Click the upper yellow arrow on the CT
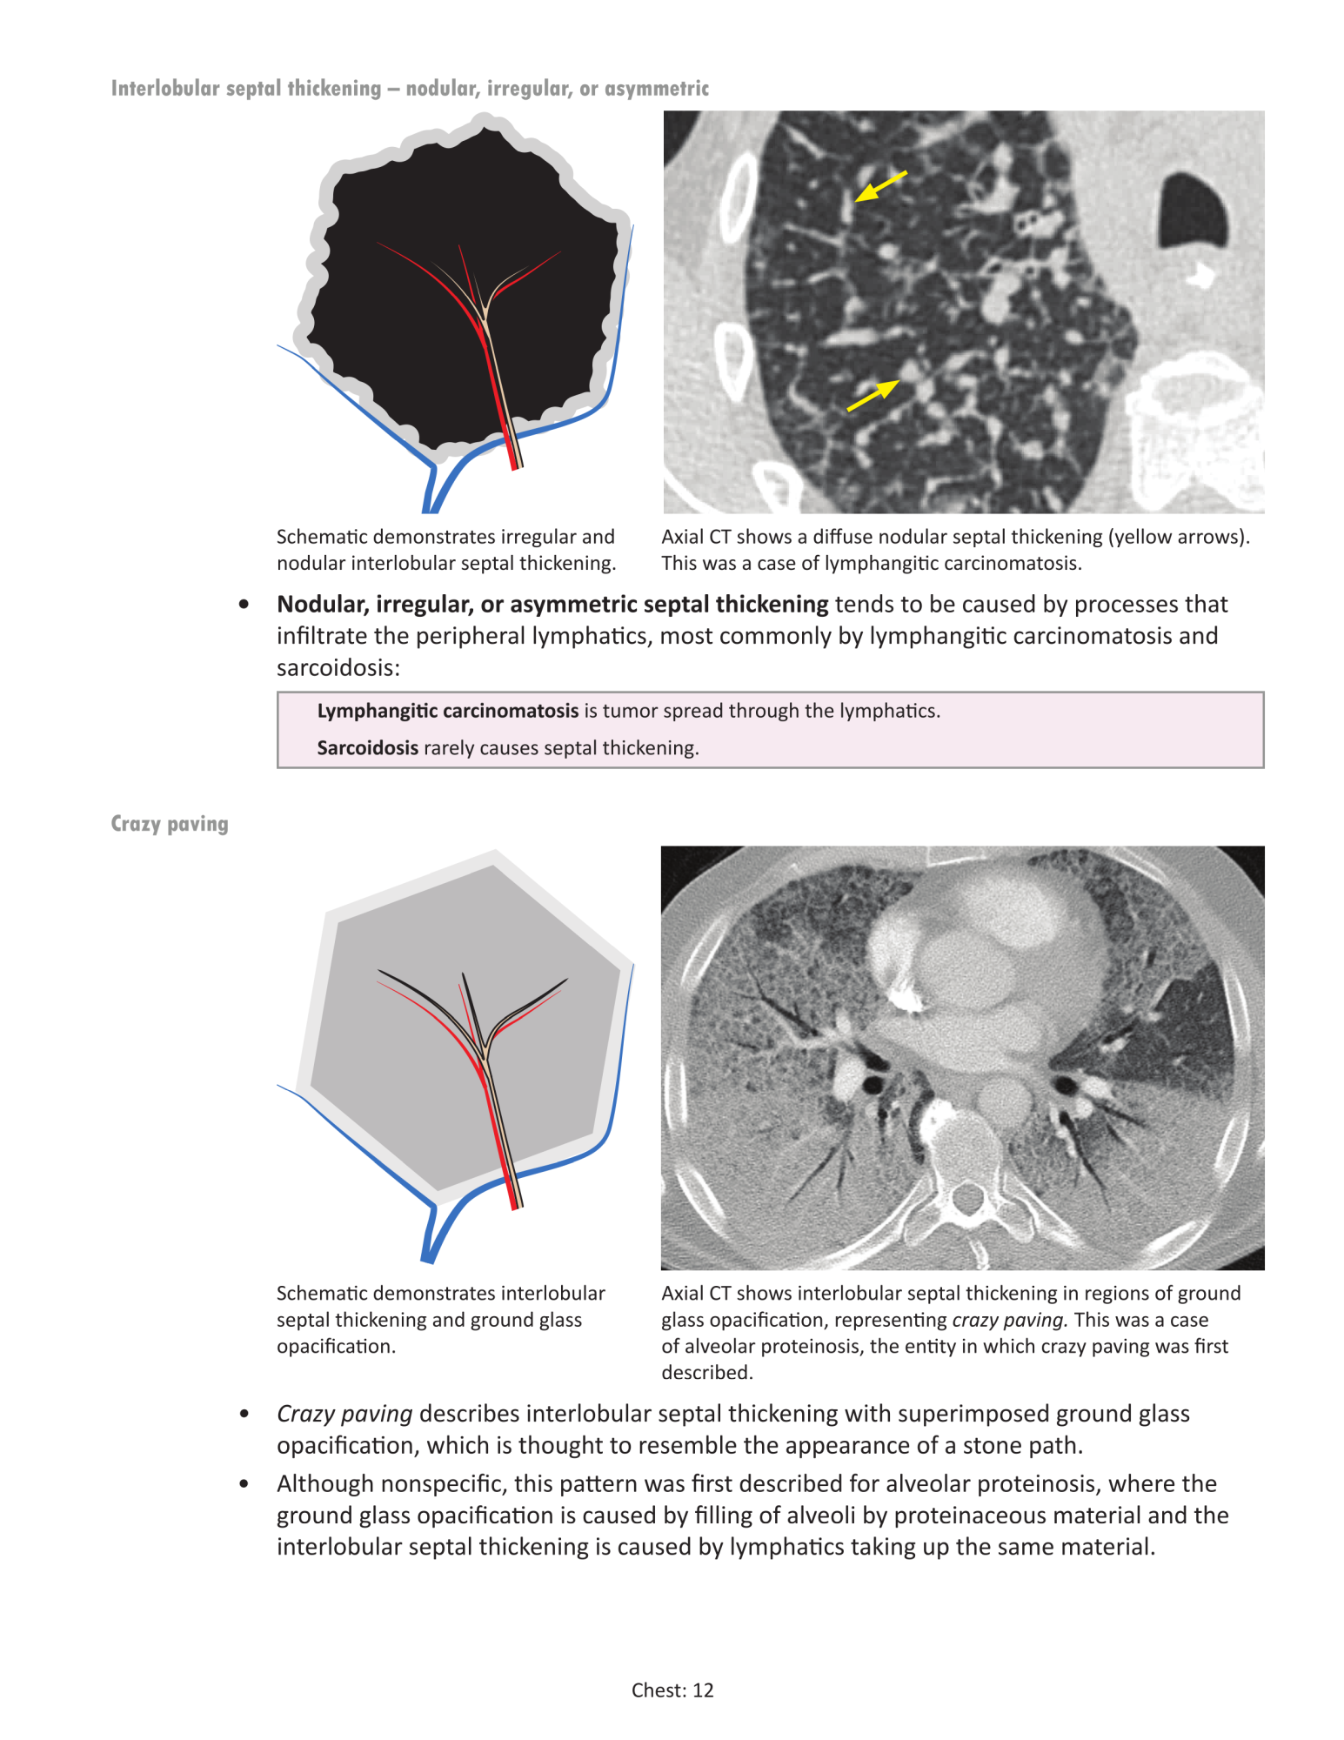(879, 186)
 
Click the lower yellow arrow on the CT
(873, 395)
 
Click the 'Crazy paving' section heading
(170, 824)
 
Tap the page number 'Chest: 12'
(672, 1690)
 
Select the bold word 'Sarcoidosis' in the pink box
(367, 748)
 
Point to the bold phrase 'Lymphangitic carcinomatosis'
(447, 711)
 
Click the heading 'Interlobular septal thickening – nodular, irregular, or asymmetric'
(410, 89)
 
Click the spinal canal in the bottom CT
(966, 1198)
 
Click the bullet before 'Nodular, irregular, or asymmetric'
(244, 605)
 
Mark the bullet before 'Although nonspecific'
(244, 1484)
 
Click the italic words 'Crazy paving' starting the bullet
(344, 1414)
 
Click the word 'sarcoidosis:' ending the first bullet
(338, 668)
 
